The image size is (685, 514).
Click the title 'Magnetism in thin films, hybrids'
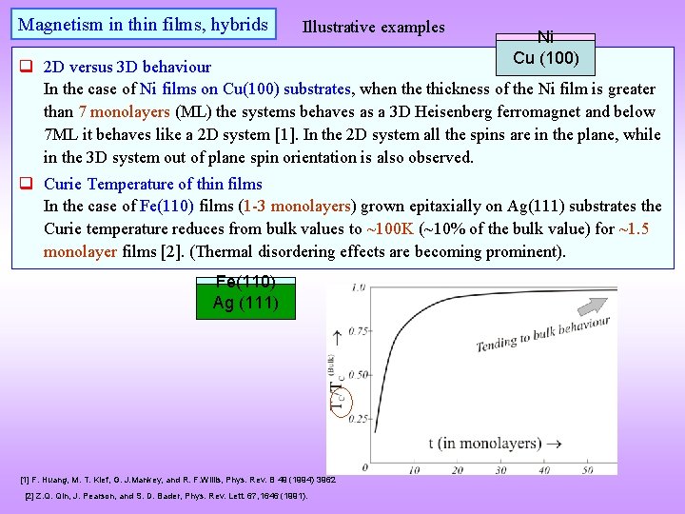pyautogui.click(x=144, y=25)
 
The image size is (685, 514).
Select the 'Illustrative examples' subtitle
pyautogui.click(x=373, y=27)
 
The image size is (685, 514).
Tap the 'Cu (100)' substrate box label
pyautogui.click(x=546, y=58)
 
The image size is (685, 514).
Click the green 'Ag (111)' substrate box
pyautogui.click(x=245, y=304)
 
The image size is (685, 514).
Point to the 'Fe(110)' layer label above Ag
pyautogui.click(x=245, y=282)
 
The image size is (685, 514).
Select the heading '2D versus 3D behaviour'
pyautogui.click(x=127, y=67)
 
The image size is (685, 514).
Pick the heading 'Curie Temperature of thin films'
pyautogui.click(x=153, y=184)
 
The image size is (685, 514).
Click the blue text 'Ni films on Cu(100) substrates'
pyautogui.click(x=246, y=89)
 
